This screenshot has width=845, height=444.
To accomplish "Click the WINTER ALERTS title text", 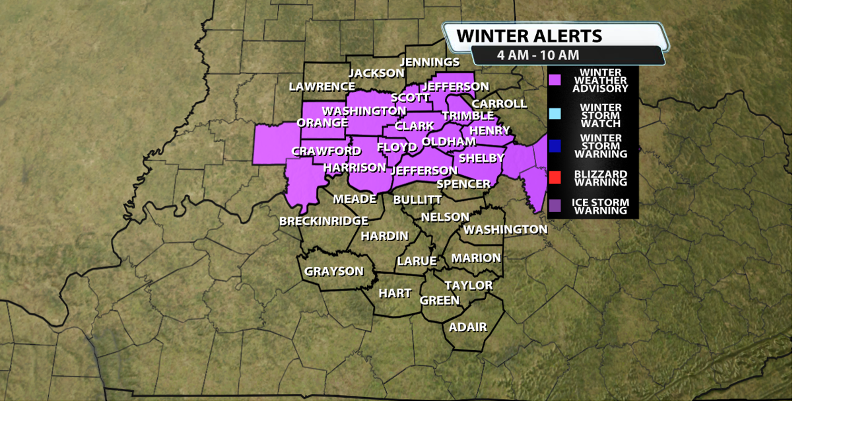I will (529, 36).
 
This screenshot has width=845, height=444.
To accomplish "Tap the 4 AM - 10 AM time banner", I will (538, 55).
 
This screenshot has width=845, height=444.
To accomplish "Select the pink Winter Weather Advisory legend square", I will (555, 80).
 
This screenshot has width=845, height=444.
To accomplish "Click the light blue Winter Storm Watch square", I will (555, 114).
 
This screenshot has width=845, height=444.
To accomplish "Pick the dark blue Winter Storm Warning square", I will (555, 146).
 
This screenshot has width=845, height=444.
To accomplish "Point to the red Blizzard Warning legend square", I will (555, 177).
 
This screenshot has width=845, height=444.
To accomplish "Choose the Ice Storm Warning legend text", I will (600, 206).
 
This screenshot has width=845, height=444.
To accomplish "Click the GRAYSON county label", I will (333, 271).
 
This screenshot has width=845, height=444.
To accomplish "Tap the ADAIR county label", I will (467, 327).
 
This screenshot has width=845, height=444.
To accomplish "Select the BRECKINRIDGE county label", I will (323, 221).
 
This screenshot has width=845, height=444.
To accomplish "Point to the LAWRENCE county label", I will (321, 87).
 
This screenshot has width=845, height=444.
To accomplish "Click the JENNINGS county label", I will (430, 62).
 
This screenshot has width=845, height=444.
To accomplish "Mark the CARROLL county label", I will (499, 104).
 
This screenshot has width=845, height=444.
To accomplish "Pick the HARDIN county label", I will (384, 236).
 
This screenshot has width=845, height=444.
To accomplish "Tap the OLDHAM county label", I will (448, 141).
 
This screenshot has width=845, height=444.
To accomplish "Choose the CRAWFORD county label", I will (326, 151).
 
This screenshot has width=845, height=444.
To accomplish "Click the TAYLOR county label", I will (468, 285).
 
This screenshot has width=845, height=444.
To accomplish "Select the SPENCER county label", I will (463, 184).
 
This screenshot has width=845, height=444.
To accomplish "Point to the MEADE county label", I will (355, 199).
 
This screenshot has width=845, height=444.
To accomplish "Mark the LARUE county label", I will (417, 261).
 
